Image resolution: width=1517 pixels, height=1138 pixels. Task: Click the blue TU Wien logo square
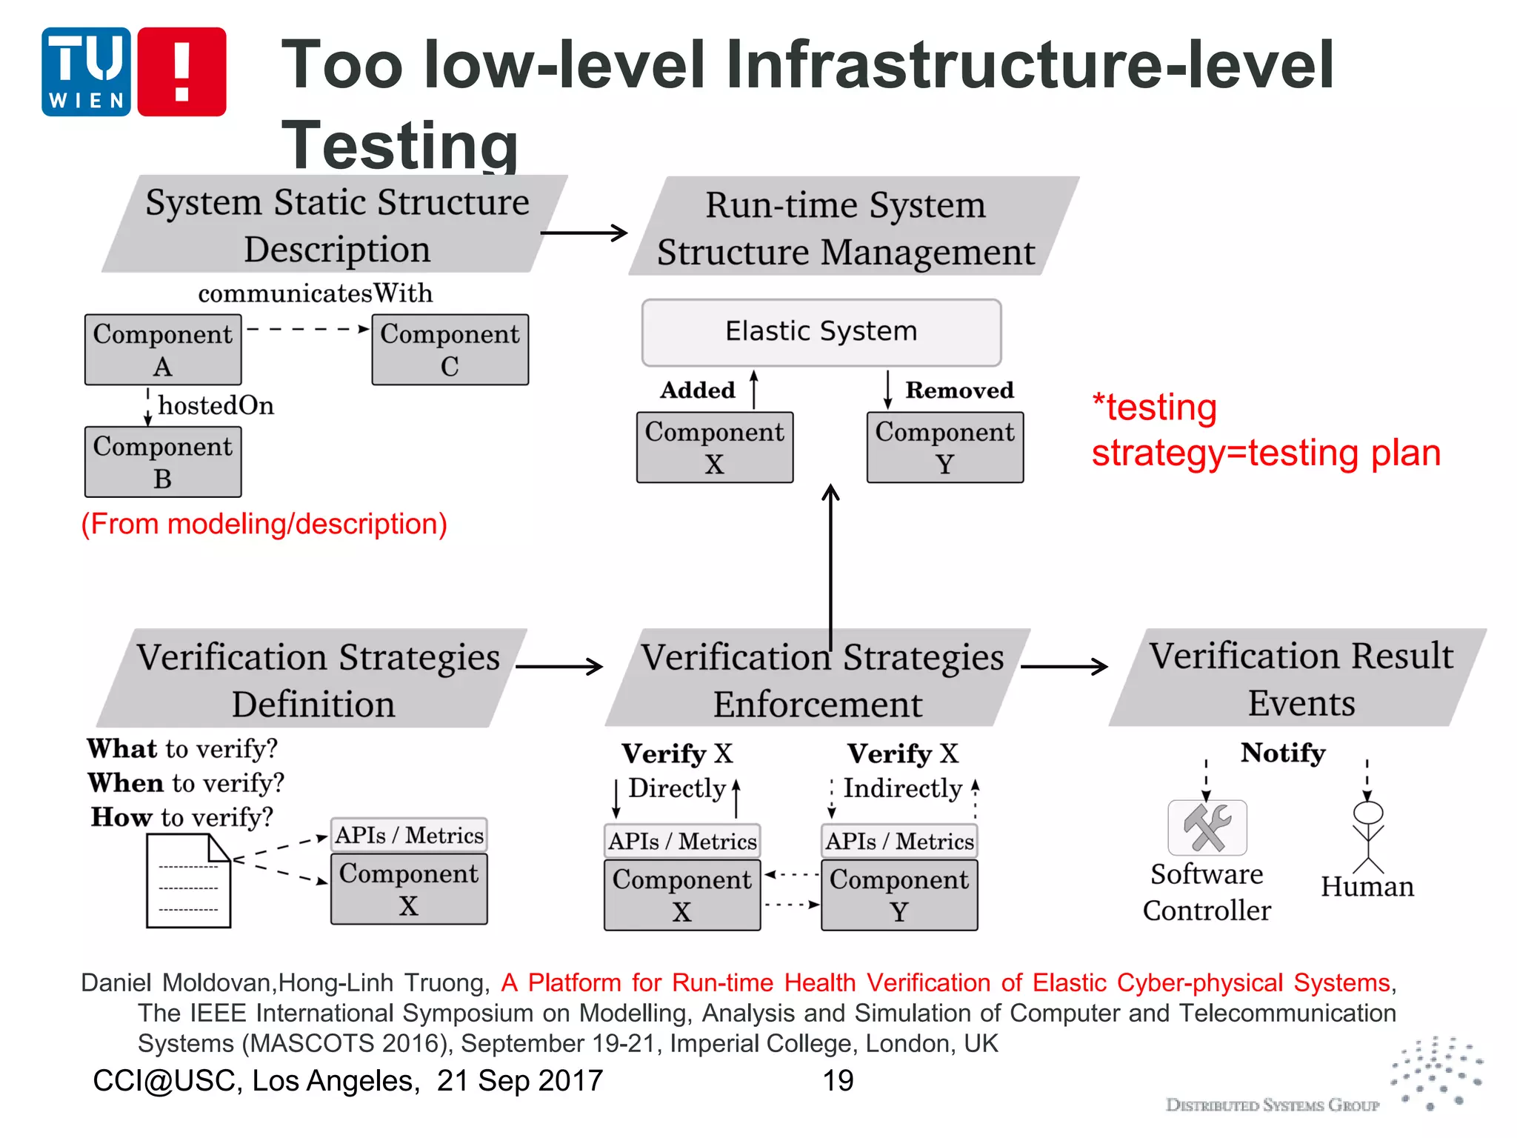86,72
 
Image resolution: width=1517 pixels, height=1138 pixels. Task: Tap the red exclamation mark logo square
181,72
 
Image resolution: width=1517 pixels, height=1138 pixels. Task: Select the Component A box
163,350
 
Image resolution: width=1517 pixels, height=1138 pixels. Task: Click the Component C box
450,350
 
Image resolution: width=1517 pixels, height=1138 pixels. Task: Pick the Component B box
163,462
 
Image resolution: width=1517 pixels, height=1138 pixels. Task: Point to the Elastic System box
821,332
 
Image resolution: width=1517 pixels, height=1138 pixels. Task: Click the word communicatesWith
315,293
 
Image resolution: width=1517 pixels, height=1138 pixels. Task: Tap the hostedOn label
216,405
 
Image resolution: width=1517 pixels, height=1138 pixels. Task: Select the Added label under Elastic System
698,390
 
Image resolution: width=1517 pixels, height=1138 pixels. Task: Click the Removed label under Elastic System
959,390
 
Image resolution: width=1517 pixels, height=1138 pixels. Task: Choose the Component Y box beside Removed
944,447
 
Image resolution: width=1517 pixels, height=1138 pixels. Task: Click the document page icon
188,881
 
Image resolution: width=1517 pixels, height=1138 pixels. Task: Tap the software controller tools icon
1207,828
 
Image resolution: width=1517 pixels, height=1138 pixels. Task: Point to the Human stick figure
1367,837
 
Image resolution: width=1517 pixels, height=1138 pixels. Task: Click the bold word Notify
1283,753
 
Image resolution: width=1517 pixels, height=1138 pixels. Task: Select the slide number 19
838,1081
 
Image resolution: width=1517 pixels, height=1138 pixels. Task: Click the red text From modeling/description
264,525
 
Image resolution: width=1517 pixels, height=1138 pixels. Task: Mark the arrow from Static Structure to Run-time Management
584,233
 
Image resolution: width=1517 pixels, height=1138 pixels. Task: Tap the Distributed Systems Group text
1272,1105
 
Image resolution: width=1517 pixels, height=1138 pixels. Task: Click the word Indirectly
902,788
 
